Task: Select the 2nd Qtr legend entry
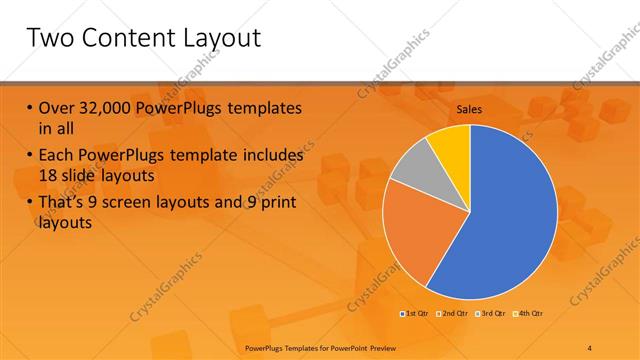[x=455, y=315]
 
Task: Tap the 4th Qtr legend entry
[x=531, y=315]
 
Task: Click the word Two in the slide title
[x=51, y=40]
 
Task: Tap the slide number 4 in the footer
[x=590, y=347]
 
